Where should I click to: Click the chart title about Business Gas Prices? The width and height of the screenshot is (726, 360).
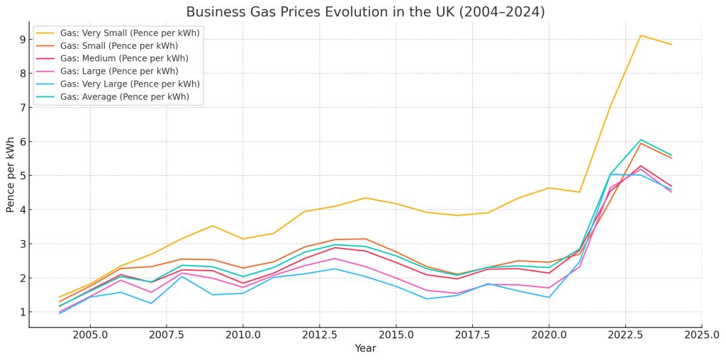365,12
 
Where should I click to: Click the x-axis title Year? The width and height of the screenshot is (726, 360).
365,348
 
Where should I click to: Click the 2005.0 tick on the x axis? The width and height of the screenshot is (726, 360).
90,334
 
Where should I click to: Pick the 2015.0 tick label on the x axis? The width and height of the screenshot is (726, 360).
396,334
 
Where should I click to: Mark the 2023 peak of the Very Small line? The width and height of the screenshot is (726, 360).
640,35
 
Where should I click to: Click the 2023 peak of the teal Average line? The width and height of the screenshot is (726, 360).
640,140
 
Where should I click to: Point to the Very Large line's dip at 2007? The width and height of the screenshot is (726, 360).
151,303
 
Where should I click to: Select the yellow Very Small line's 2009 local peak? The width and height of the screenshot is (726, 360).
212,225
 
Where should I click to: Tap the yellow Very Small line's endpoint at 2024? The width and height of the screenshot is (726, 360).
671,45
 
